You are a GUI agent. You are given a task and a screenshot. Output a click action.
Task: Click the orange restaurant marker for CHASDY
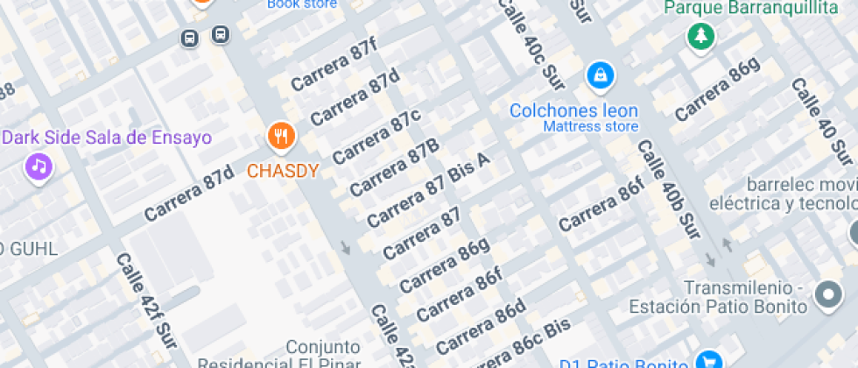(281, 136)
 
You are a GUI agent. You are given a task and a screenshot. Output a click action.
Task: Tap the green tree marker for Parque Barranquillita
(700, 36)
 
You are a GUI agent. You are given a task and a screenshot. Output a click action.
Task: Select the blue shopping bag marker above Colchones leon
(601, 75)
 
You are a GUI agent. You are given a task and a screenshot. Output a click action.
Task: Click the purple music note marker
(38, 166)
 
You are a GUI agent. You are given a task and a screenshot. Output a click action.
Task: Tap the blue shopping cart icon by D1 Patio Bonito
(707, 361)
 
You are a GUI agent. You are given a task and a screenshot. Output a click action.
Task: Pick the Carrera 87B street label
(394, 167)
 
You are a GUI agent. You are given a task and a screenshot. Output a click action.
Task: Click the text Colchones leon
(574, 111)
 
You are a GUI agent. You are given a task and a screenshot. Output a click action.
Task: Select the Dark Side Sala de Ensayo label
(107, 138)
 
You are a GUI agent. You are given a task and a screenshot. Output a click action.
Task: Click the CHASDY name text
(282, 171)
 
